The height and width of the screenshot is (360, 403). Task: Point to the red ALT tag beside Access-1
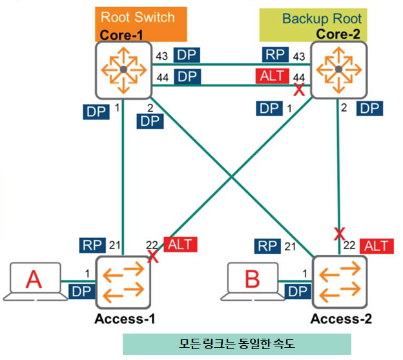(x=179, y=245)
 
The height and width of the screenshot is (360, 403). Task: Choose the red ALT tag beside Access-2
(x=376, y=245)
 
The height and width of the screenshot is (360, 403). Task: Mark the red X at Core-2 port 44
(x=299, y=90)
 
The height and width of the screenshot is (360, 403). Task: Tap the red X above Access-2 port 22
(x=338, y=232)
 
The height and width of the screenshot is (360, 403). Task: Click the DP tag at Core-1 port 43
(x=187, y=55)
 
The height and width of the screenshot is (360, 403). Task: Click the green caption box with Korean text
(x=236, y=343)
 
